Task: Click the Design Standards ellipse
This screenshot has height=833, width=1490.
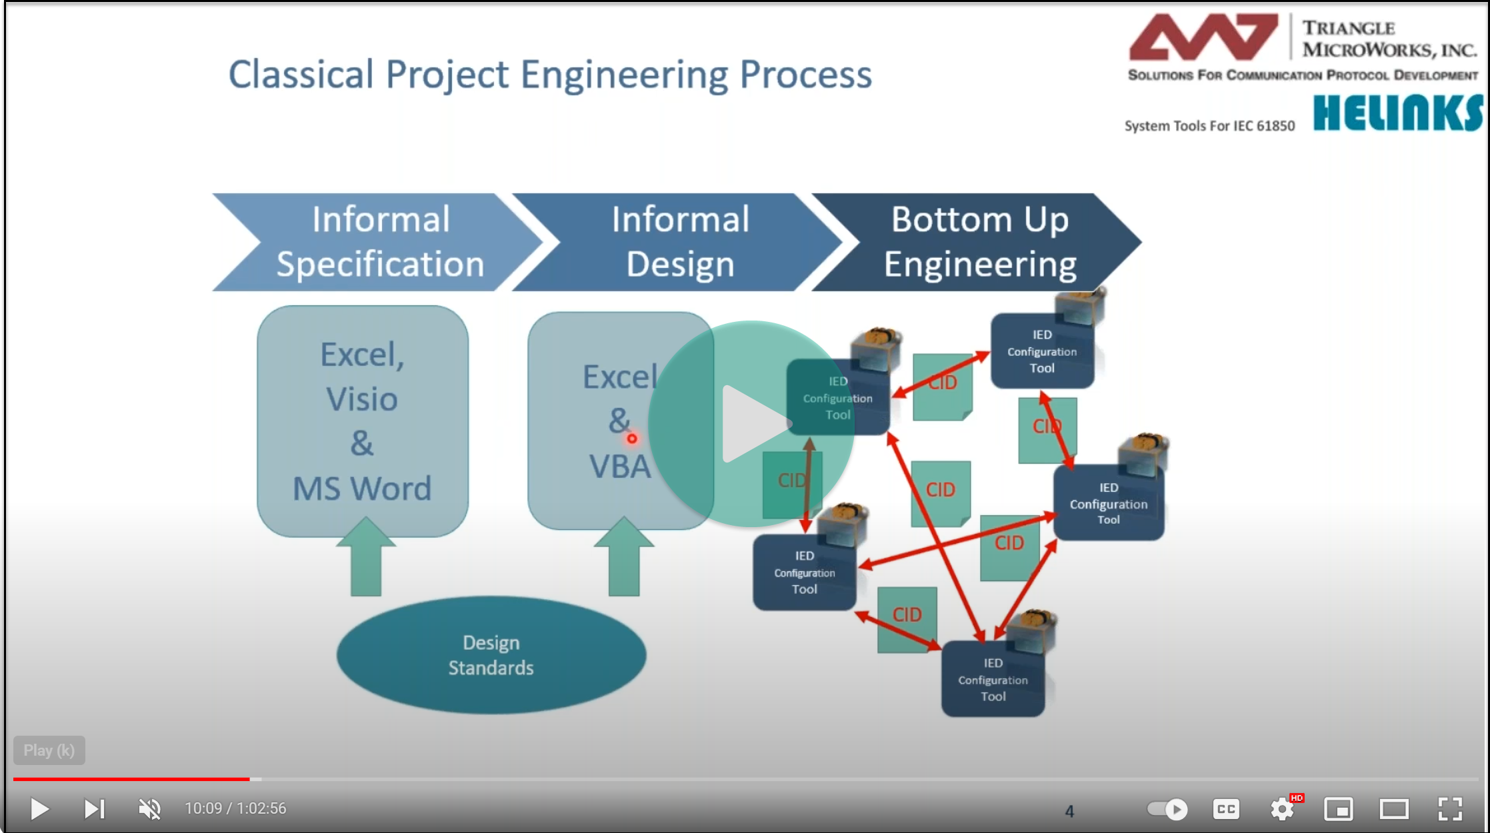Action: [x=491, y=655]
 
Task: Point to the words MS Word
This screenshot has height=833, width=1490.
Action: [x=362, y=488]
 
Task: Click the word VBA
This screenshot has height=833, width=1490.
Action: [x=619, y=466]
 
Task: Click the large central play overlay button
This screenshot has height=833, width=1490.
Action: [x=751, y=424]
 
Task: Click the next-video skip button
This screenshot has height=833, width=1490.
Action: [x=94, y=809]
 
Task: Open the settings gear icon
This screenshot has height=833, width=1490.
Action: [x=1281, y=809]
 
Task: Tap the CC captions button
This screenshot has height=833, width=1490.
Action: [x=1226, y=809]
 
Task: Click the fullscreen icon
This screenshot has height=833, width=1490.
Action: [x=1450, y=809]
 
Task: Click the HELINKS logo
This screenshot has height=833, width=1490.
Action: [x=1397, y=113]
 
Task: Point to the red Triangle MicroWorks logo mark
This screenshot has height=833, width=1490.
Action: [x=1203, y=38]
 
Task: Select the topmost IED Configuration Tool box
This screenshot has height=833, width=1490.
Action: [x=1041, y=352]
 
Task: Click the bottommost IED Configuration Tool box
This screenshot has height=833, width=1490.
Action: [x=993, y=680]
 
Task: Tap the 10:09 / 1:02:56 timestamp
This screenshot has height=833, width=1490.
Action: [x=235, y=809]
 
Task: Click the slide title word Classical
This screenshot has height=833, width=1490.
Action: [x=301, y=75]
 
